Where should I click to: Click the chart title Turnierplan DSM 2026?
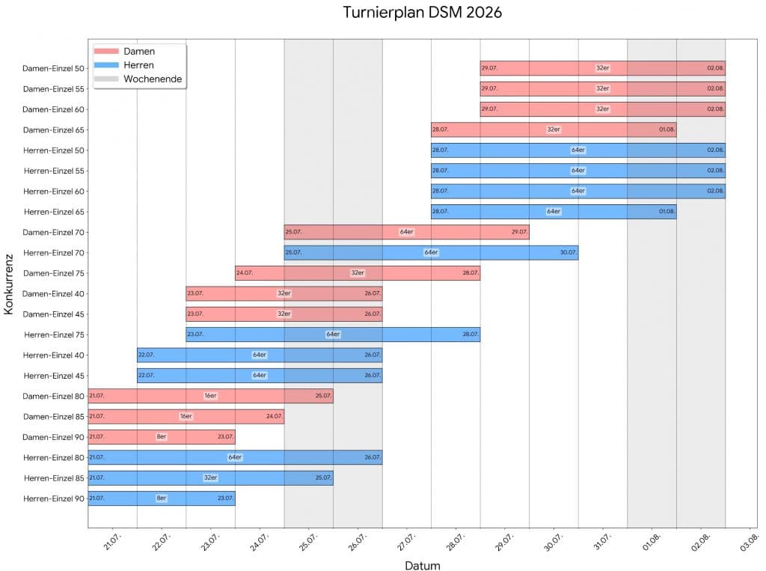[423, 13]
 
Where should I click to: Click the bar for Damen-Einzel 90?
[162, 437]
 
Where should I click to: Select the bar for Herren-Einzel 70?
[431, 253]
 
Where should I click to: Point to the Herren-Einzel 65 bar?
[554, 212]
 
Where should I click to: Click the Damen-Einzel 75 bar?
[358, 273]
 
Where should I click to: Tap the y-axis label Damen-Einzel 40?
[54, 294]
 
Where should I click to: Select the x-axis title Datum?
[423, 565]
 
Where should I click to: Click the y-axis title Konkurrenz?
[10, 284]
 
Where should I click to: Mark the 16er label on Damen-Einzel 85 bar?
[186, 417]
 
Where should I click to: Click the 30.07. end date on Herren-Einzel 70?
[568, 253]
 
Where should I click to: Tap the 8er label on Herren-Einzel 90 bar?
[162, 498]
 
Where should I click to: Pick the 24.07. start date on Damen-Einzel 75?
[245, 273]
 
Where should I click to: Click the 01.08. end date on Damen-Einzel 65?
[667, 129]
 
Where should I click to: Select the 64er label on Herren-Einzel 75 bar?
[333, 335]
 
